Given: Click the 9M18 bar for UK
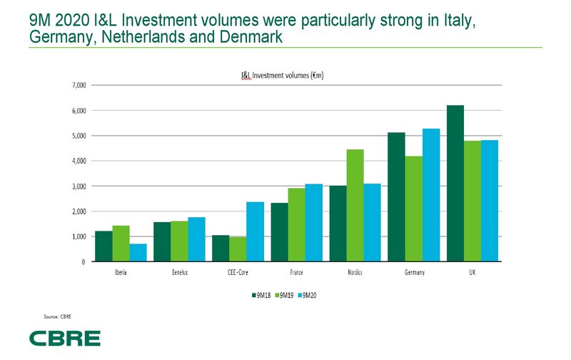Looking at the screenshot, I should (455, 184).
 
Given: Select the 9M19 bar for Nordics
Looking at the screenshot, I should (355, 206).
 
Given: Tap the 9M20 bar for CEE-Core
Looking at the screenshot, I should (255, 231).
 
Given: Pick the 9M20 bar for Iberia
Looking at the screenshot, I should (138, 253).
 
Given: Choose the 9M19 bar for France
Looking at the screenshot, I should (297, 225).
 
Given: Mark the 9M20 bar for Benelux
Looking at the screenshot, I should (196, 239).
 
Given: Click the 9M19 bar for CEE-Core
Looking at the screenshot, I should (238, 249).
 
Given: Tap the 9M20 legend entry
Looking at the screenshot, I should (308, 294).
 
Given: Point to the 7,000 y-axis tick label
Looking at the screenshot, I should (78, 86).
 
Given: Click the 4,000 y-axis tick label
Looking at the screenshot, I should (78, 161).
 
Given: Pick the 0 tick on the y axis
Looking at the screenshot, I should (83, 261).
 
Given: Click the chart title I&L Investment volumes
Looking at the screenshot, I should (283, 74).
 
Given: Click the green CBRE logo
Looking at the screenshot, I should (65, 338).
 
